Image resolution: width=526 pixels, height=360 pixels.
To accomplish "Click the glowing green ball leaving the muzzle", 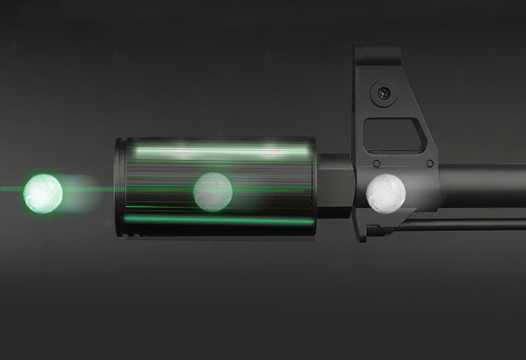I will point(43,194).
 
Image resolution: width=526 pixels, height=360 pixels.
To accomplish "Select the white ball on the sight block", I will point(386,192).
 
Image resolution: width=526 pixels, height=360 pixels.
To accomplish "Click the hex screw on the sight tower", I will point(384,92).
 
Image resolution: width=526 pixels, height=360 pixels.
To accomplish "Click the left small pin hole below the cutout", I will point(377,164).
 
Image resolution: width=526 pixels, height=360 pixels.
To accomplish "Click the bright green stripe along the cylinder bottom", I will point(217,220).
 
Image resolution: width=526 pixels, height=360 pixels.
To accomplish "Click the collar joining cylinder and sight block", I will point(335,186).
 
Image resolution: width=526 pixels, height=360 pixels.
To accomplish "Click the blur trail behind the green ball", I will point(81,194).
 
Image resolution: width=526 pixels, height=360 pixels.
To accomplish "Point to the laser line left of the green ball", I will point(11,189).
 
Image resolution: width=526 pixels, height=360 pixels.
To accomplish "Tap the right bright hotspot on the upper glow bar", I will point(270,150).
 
